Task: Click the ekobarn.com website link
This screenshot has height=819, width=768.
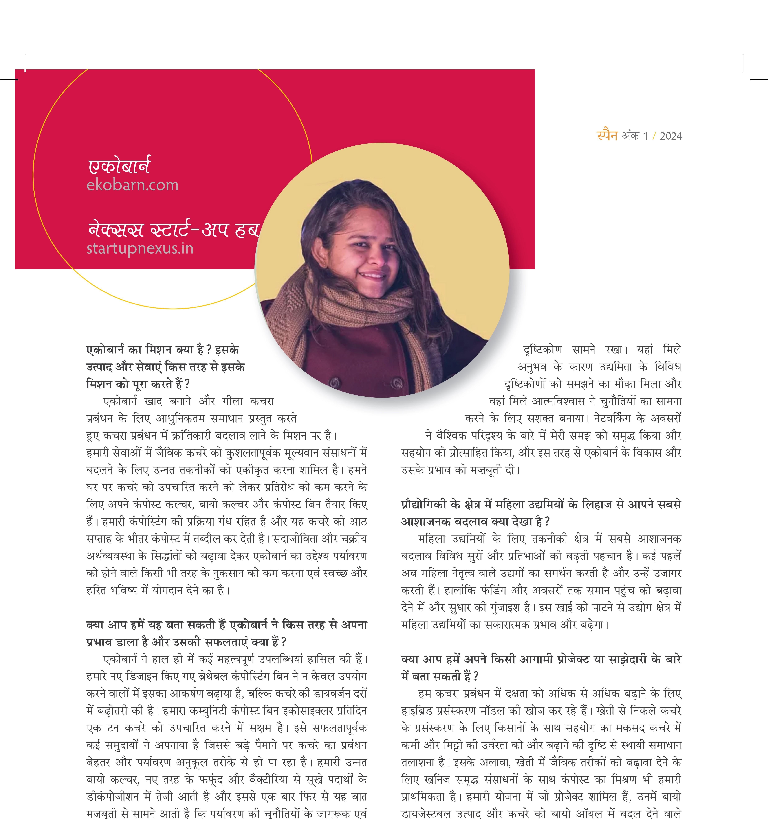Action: (x=132, y=185)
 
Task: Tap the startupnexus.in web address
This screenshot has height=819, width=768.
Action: (x=140, y=248)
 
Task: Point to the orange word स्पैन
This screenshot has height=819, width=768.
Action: (x=607, y=135)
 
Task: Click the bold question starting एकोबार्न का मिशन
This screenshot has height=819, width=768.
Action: (x=165, y=367)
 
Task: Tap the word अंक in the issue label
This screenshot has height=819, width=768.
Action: (x=630, y=136)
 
